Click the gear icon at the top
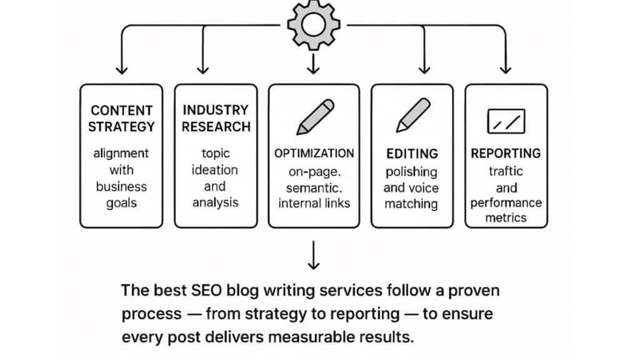(313, 25)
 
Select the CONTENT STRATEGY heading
(121, 118)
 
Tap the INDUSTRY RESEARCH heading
(216, 118)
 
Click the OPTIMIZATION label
(314, 153)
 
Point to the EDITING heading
(411, 153)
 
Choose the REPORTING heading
(506, 153)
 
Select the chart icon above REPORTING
(506, 120)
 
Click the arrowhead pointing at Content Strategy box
(121, 69)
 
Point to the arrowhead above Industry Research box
(202, 69)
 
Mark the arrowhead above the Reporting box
(506, 69)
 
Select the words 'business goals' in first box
(121, 194)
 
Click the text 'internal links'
(314, 203)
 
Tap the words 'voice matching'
(411, 196)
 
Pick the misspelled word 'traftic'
(506, 171)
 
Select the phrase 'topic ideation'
(216, 162)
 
